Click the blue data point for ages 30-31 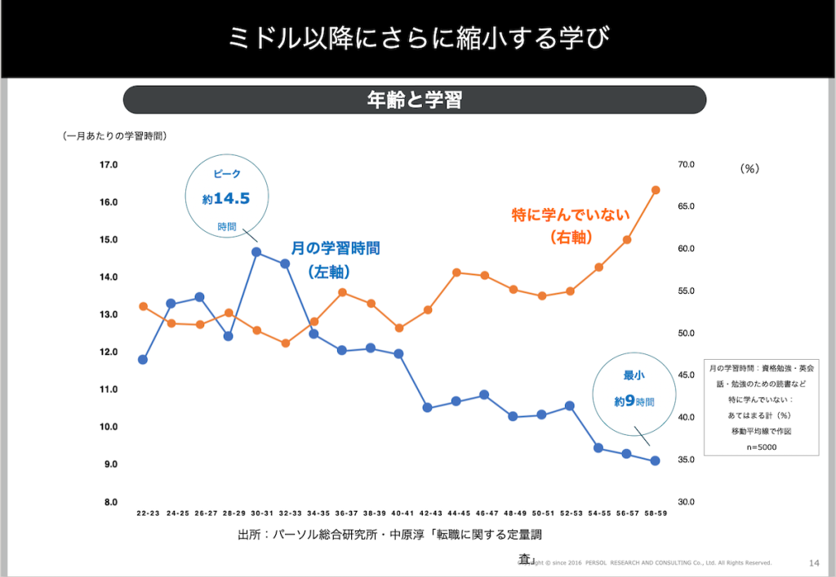[256, 252]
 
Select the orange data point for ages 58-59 [655, 190]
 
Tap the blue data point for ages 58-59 [655, 461]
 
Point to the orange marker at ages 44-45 [456, 273]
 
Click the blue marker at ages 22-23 [143, 359]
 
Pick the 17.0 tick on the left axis [109, 165]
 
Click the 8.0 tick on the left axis [109, 502]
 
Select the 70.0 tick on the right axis [685, 165]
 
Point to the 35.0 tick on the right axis [685, 460]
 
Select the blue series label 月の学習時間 [336, 248]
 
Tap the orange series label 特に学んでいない [571, 215]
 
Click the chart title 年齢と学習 [414, 100]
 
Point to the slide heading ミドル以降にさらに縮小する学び [418, 38]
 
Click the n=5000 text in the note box [759, 446]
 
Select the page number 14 [813, 562]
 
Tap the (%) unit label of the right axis [749, 169]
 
